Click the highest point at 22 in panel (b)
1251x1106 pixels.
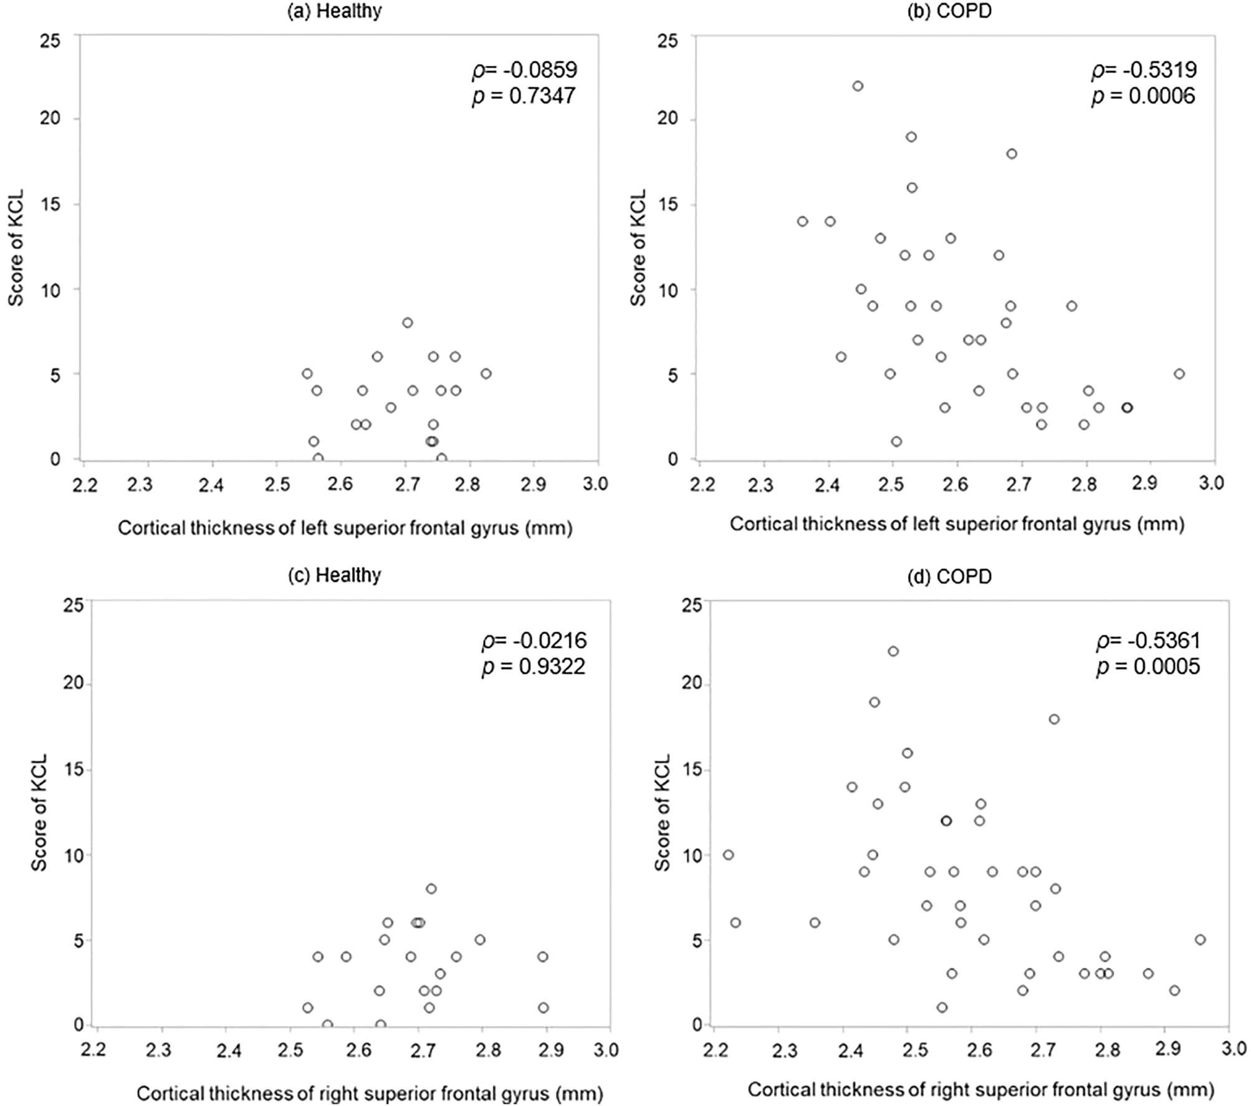tap(858, 86)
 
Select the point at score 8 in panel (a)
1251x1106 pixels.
tap(408, 323)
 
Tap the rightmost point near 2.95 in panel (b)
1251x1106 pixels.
tap(1179, 374)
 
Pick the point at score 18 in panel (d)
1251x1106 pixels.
tap(1054, 719)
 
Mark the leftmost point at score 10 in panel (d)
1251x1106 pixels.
tap(728, 855)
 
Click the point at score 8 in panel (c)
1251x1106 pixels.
tap(431, 888)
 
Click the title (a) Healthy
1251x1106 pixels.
tap(334, 11)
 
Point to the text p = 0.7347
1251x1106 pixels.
tap(524, 97)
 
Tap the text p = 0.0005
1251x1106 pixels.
tap(1148, 667)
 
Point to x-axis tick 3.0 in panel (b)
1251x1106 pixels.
tap(1211, 483)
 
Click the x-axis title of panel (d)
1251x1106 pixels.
tap(980, 1089)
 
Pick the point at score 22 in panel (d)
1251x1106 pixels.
tap(893, 652)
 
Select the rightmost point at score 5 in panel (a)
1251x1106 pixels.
tap(486, 374)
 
